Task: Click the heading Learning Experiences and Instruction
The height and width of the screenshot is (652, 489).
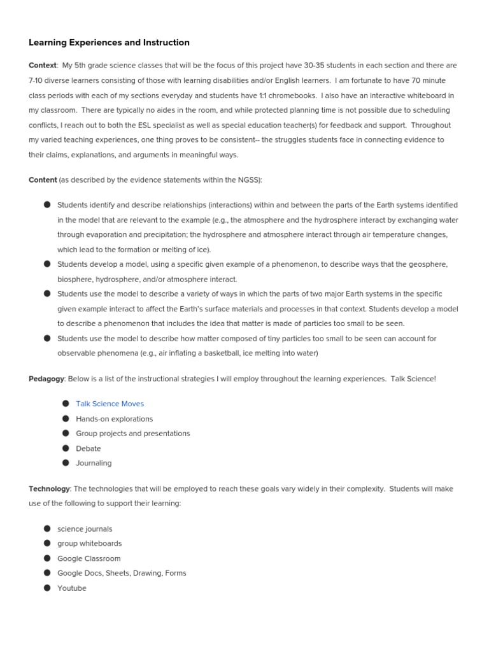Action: coord(109,43)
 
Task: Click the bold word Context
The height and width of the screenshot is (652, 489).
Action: coord(43,66)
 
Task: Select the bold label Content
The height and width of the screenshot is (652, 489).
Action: coord(43,180)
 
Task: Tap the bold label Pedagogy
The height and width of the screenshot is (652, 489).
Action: coord(46,379)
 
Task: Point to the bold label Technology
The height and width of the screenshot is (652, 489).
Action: coord(49,489)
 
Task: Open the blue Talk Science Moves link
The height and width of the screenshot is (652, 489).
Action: coord(110,404)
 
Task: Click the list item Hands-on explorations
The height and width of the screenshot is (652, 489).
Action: coord(114,419)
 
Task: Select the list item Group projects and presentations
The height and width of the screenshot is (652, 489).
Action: coord(132,434)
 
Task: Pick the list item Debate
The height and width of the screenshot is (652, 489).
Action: coord(88,448)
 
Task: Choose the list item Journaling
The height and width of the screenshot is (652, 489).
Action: coord(94,463)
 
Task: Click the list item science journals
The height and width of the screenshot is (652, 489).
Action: coord(85,529)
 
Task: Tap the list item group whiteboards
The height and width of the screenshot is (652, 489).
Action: coord(89,544)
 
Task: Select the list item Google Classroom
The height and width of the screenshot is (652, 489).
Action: coord(89,558)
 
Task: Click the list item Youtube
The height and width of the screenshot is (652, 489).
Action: coord(71,588)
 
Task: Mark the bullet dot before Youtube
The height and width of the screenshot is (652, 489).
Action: coord(47,588)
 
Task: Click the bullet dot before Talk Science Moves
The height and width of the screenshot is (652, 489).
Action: coord(66,403)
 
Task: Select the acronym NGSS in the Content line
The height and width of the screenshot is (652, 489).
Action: coord(246,180)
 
